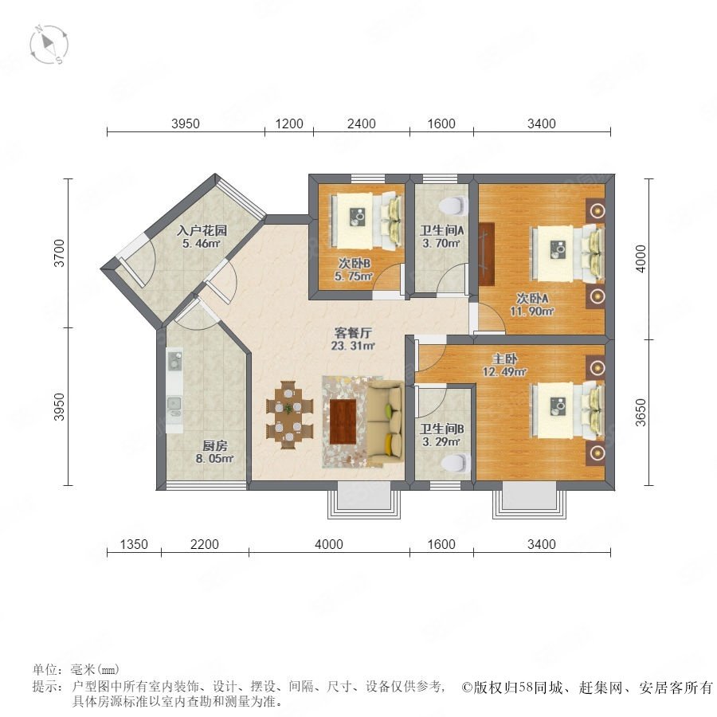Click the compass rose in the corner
49,45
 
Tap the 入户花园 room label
202,230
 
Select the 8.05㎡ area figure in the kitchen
214,458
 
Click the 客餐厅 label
353,333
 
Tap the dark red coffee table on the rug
343,421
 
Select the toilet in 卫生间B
456,463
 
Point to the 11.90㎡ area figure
532,311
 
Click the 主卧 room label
504,359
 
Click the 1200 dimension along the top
289,123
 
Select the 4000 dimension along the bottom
329,544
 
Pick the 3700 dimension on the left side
60,253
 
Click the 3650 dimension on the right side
641,413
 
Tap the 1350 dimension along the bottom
134,544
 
